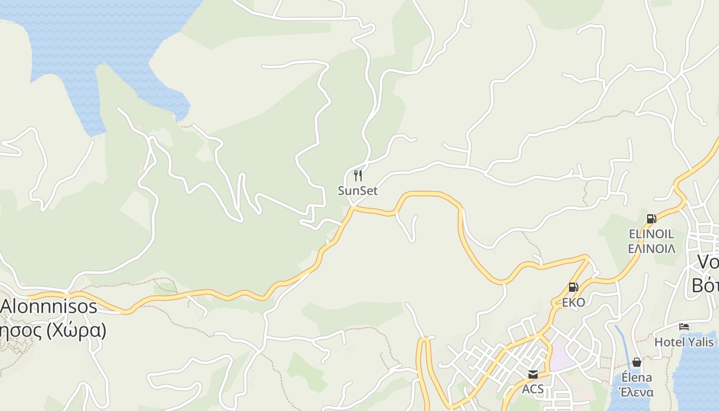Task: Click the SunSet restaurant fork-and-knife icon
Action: [358, 176]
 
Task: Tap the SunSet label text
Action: [358, 191]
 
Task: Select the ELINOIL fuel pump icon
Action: [651, 219]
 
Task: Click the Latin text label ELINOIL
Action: [651, 234]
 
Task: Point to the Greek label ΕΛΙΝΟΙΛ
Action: [651, 249]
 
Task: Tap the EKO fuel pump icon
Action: [573, 287]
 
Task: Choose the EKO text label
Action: [573, 302]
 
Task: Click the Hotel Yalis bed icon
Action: [684, 327]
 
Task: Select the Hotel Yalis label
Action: [684, 342]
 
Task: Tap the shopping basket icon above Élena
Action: [637, 363]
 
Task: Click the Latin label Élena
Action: [637, 378]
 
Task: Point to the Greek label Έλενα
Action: [637, 392]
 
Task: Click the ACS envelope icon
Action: [533, 375]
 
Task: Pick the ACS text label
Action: [533, 389]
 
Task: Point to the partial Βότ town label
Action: [706, 285]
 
